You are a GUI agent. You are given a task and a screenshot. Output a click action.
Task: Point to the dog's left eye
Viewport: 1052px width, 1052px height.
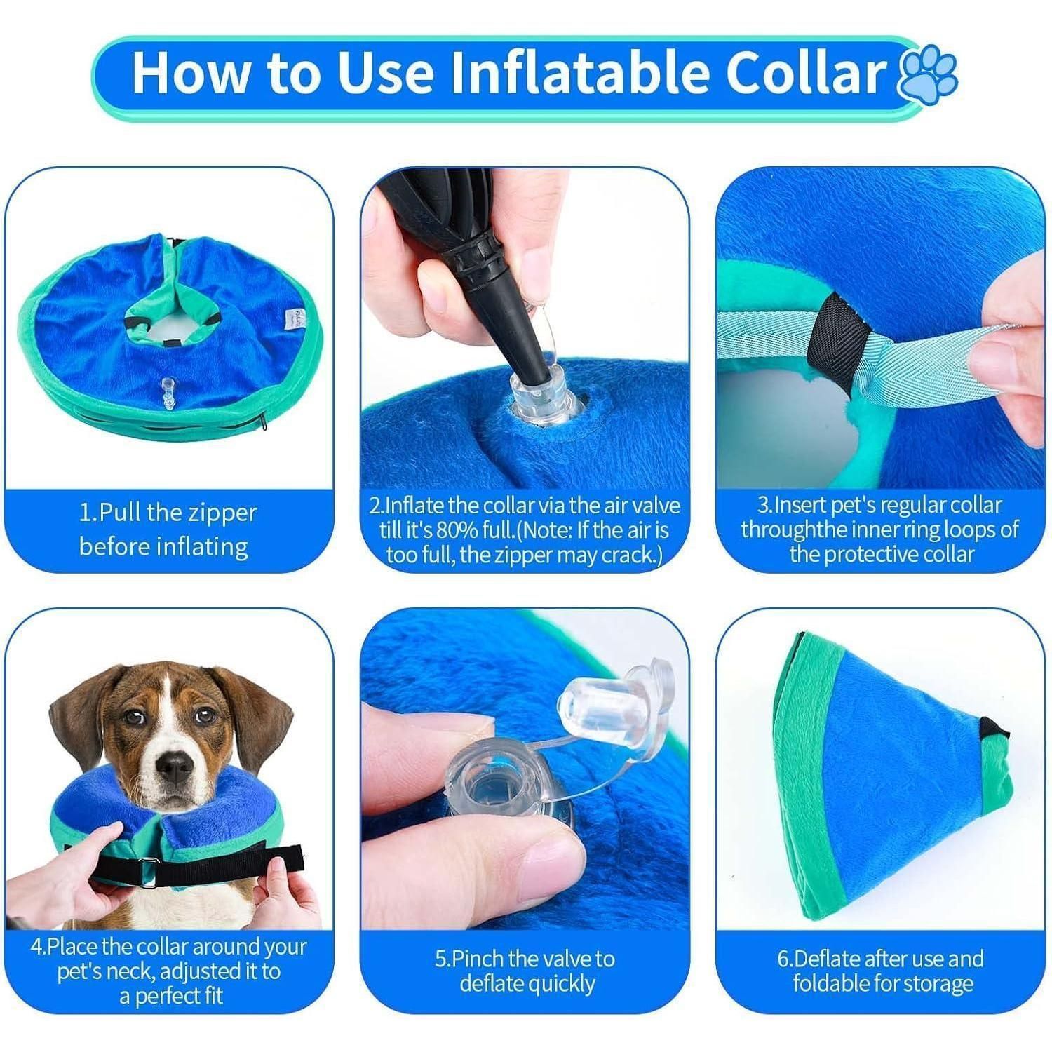pyautogui.click(x=205, y=715)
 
